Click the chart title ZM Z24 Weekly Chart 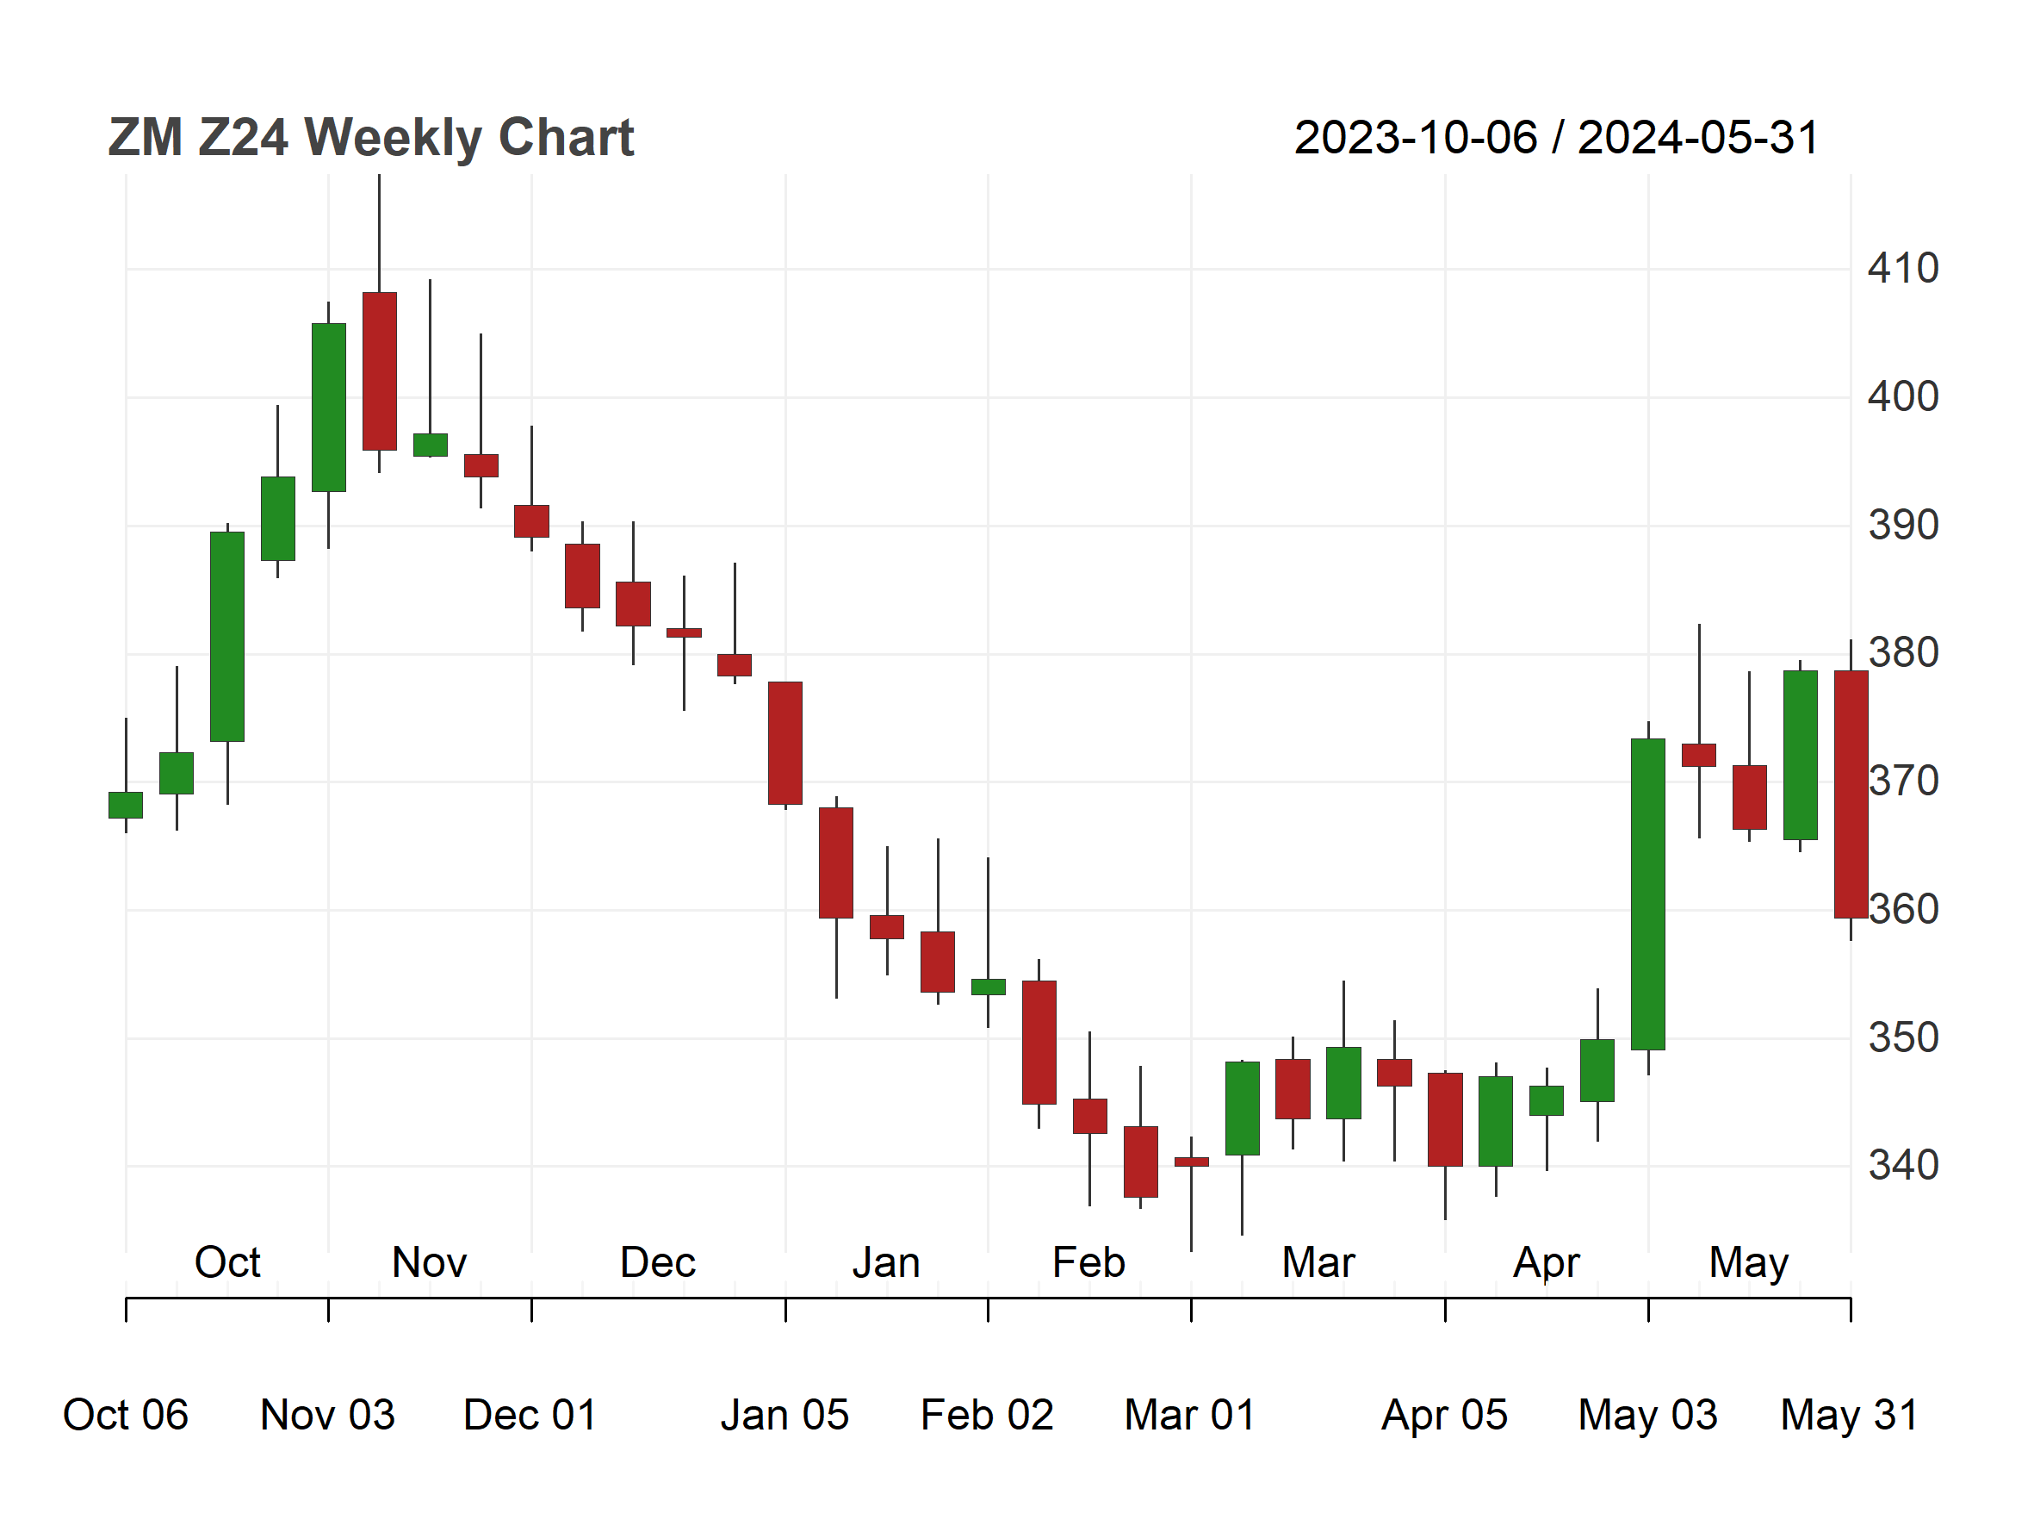click(370, 138)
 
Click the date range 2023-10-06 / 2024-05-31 click(1556, 138)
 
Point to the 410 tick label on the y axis click(1902, 269)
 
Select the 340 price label click(1902, 1166)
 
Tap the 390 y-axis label click(1902, 526)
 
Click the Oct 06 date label click(125, 1415)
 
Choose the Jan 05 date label click(784, 1415)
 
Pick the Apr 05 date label click(1445, 1415)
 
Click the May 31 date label click(1849, 1415)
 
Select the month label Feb click(1088, 1262)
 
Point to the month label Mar click(1318, 1262)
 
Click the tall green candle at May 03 click(1648, 894)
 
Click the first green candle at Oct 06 click(126, 805)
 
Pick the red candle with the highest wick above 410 click(380, 371)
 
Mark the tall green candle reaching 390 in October click(227, 637)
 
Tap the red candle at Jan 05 click(785, 744)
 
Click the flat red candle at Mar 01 click(1192, 1162)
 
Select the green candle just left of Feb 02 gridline click(989, 987)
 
